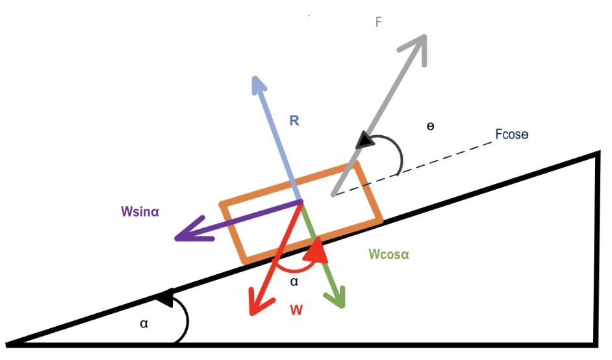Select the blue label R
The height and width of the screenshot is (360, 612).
[x=294, y=120]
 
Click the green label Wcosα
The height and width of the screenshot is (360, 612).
[x=389, y=254]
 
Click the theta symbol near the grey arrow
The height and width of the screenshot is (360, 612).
[x=430, y=125]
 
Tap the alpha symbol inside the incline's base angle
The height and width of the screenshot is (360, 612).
[x=144, y=323]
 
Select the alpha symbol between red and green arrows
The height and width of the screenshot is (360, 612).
[x=294, y=281]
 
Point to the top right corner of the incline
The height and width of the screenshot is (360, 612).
[x=596, y=154]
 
